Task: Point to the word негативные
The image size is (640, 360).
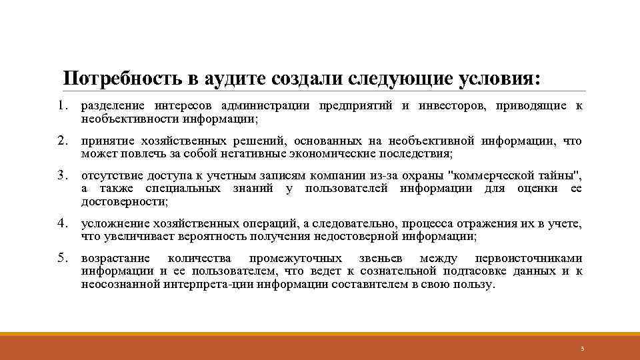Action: tap(251, 153)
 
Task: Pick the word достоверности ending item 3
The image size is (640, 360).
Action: tap(123, 201)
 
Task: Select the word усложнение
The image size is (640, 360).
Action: tap(111, 223)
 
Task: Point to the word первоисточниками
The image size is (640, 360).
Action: tap(528, 259)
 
